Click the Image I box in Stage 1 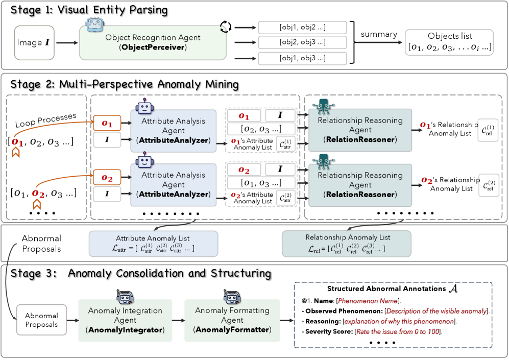coord(34,43)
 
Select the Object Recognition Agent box coord(153,43)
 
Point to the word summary coord(379,34)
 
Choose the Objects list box coord(450,42)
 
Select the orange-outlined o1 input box coord(106,123)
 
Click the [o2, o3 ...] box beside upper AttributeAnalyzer coord(261,129)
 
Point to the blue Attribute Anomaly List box coord(153,243)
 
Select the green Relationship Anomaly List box coord(347,243)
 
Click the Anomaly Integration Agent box coord(125,321)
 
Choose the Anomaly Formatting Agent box coord(232,321)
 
